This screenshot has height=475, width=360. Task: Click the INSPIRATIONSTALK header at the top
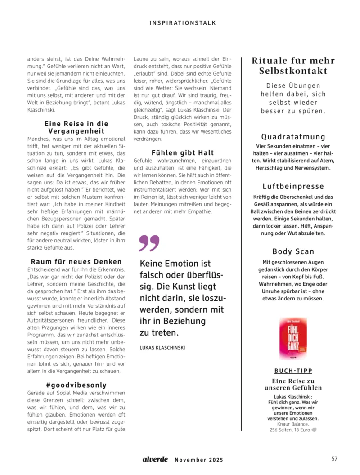coord(182,22)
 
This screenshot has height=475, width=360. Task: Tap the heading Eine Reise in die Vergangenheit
coord(76,127)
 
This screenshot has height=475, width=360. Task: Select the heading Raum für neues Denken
coord(76,261)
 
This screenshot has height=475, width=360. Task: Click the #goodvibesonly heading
coord(76,385)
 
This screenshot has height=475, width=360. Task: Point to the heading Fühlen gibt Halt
coord(183,153)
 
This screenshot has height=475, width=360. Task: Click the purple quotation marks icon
coord(149,243)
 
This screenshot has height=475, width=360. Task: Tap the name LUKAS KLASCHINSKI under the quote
coord(162,347)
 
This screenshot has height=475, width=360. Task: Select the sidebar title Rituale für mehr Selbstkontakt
coord(293,66)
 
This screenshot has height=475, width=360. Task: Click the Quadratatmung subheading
coord(293,137)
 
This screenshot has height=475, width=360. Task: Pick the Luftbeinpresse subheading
coord(293,186)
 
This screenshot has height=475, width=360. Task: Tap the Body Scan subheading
coord(293,251)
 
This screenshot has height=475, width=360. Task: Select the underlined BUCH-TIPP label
coord(293,371)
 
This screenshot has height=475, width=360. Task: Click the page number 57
coord(334,459)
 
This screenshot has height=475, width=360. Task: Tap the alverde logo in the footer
coord(155,459)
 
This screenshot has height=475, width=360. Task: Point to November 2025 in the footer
coord(198,460)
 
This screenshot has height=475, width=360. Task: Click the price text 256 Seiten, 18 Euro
coord(289,430)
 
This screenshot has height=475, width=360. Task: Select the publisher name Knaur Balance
coord(293,424)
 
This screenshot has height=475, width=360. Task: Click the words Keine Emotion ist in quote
coord(175,264)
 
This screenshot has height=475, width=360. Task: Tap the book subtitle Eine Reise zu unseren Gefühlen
coord(293,384)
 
